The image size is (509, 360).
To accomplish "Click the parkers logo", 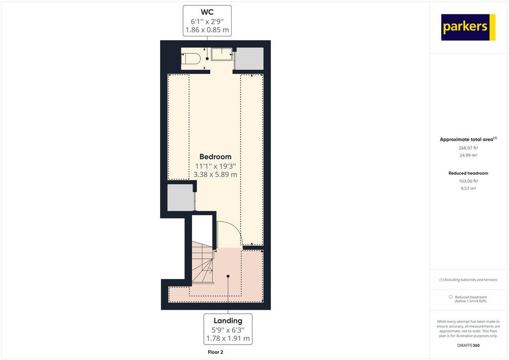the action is point(468,27).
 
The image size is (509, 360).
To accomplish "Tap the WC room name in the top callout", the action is point(207,12).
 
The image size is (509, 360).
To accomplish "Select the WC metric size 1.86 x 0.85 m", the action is point(207,30).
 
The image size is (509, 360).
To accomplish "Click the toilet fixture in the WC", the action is point(191,59).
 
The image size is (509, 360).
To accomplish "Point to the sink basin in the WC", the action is point(222,54).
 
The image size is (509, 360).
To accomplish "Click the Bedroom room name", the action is point(215,157).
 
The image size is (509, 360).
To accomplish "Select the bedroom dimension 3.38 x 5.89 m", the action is point(215,175).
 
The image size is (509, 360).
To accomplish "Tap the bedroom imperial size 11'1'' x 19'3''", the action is point(215,166).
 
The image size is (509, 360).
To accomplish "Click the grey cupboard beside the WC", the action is point(250,59).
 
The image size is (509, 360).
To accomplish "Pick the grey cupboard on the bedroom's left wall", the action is point(180,198).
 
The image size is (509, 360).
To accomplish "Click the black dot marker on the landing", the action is point(228,276).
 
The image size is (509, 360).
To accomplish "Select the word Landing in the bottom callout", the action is point(228,321).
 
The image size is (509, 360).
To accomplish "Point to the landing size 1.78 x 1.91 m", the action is point(228,338).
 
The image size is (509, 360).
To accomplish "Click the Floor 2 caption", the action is point(215,352).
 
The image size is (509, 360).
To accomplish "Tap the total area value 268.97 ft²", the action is point(468,148).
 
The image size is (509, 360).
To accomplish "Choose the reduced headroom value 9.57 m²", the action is point(468,188).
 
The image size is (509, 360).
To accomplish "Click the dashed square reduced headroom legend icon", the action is point(450,297).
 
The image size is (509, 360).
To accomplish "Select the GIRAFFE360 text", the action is point(468,346).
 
